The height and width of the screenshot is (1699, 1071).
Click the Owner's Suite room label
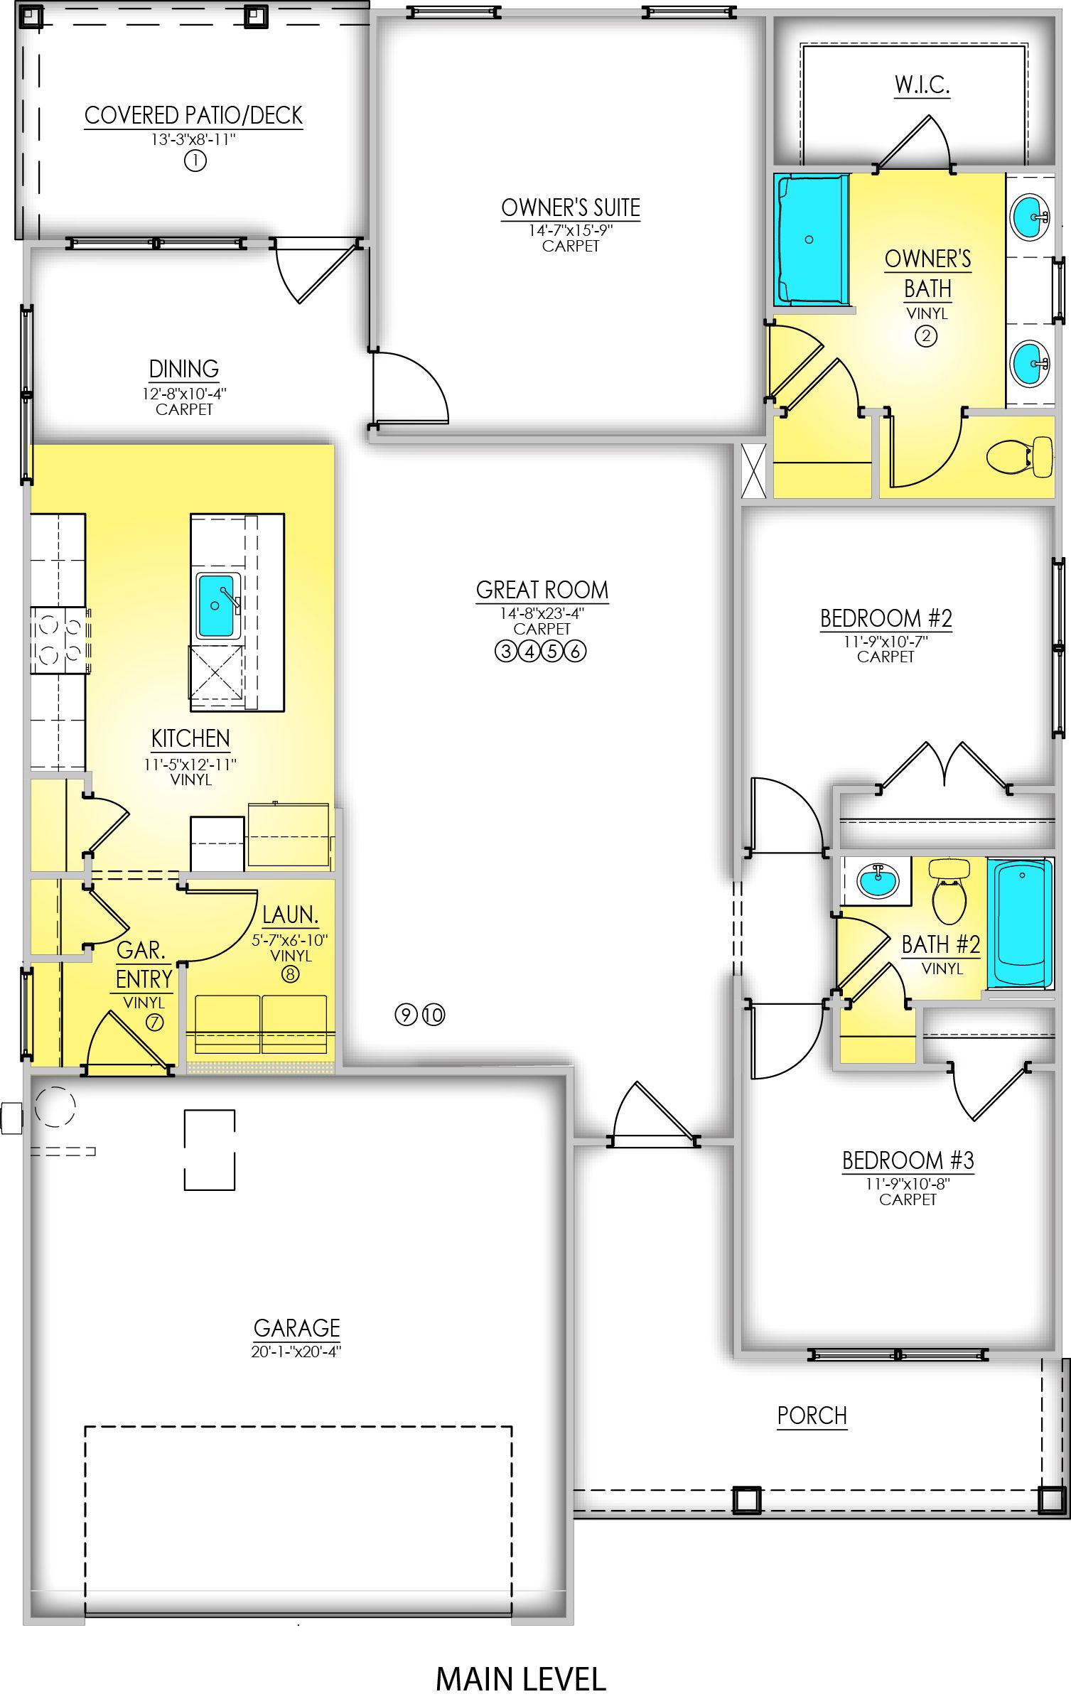tap(570, 208)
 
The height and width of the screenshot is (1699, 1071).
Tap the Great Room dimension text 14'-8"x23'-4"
tap(542, 613)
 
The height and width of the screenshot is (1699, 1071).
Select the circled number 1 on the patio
tap(195, 161)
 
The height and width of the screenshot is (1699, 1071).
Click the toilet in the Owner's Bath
tap(1020, 457)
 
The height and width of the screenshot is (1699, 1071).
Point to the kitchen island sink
tap(216, 605)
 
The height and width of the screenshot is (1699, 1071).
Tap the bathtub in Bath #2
tap(1020, 923)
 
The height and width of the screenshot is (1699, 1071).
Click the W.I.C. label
tap(922, 85)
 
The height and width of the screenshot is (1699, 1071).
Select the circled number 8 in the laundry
tap(290, 974)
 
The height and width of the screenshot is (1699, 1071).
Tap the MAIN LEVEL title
tap(521, 1679)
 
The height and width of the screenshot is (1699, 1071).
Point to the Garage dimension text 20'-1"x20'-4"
tap(296, 1352)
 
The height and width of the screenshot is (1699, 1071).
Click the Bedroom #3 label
tap(908, 1160)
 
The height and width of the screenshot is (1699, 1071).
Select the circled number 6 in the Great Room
tap(575, 651)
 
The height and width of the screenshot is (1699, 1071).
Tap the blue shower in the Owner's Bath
tap(811, 239)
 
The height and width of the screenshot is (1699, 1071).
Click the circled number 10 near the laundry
tap(434, 1015)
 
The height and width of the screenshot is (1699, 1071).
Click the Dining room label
tap(184, 370)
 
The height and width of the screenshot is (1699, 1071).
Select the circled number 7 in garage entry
tap(154, 1022)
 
